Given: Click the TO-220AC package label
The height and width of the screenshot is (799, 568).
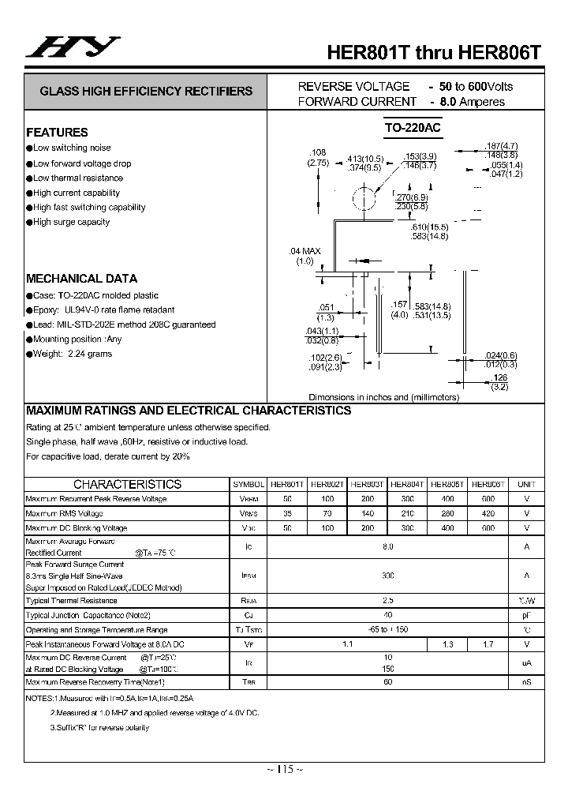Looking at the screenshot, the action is point(413,128).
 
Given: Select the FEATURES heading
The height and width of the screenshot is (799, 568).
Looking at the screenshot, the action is point(57,133).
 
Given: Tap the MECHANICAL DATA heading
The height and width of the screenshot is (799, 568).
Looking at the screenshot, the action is point(81,279).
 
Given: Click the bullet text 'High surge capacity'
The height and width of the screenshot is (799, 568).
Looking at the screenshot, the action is point(71,222).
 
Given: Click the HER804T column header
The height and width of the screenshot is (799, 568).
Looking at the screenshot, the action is point(408,484).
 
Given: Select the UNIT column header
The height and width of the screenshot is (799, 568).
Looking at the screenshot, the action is point(526,484).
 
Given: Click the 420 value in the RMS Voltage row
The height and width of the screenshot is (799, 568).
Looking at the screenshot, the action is point(488,513).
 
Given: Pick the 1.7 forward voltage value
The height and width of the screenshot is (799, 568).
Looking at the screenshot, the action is point(488,645).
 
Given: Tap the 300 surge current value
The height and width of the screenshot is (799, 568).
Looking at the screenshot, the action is point(387,576).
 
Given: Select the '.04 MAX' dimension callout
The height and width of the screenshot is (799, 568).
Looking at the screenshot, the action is point(305,251).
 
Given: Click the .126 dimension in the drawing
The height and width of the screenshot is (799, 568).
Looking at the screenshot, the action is point(499,377).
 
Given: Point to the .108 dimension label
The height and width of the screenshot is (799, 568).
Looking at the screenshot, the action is point(318,152).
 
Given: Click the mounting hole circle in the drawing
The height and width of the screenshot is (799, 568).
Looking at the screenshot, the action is point(365,197).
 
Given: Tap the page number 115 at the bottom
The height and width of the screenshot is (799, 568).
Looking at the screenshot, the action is point(284,771).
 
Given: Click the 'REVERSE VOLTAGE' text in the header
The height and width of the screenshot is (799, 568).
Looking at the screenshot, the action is point(353,86).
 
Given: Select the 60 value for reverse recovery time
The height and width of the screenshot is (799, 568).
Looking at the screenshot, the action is point(387,681).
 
